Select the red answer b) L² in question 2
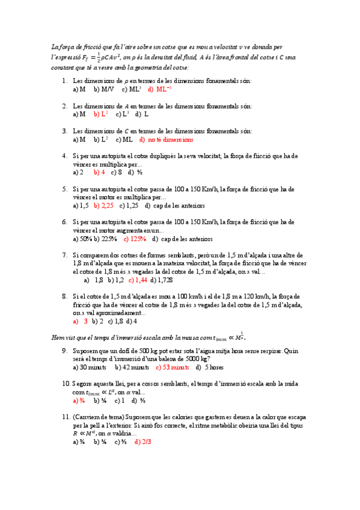100,114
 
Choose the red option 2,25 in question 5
104,206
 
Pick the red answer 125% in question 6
135,239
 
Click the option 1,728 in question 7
160,280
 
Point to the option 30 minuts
89,367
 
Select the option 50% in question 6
82,239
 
